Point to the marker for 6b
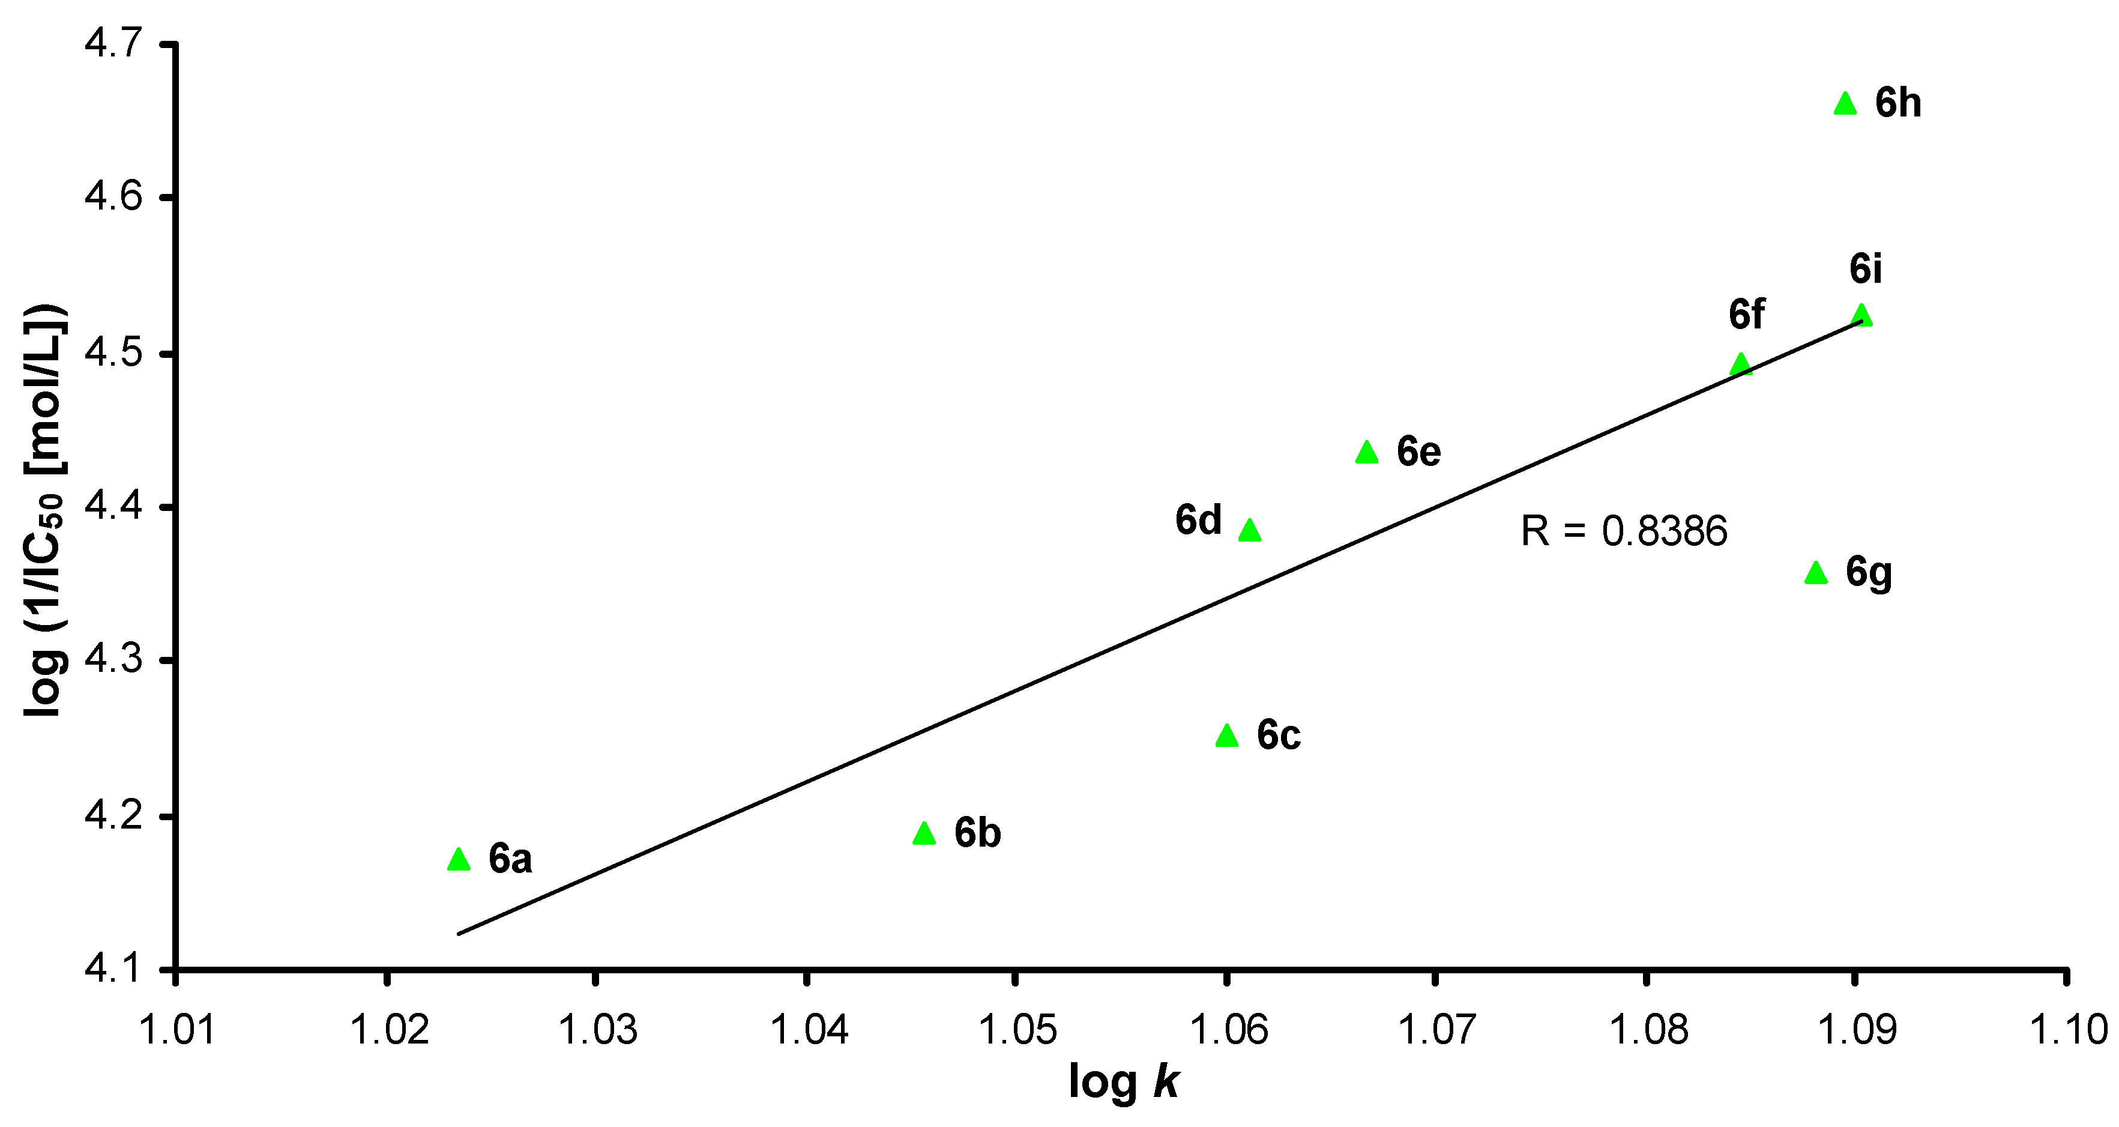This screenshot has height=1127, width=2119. pos(924,834)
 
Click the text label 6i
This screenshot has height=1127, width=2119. pos(1865,269)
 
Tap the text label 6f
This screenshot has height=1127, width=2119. pos(1746,314)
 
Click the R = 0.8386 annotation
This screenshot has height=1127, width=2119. pos(1623,531)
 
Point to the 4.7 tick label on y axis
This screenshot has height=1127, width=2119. pos(113,43)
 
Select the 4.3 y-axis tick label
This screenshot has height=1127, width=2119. pos(113,660)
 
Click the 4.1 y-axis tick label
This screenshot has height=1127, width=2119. pos(113,969)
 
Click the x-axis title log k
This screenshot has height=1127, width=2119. pos(1123,1083)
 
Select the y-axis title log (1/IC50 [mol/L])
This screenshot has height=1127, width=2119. pos(44,510)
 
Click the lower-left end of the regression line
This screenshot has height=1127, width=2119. pos(460,934)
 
